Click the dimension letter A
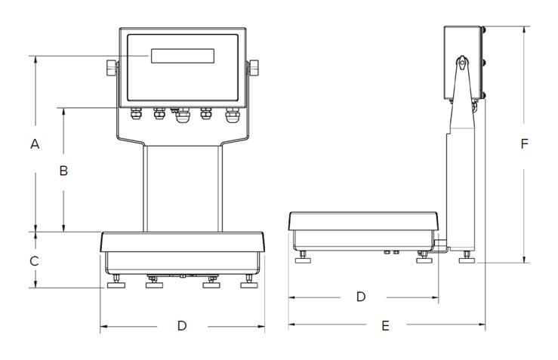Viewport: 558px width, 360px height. [x=34, y=144]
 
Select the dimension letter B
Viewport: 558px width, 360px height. [x=64, y=171]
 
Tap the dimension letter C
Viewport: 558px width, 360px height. [x=34, y=261]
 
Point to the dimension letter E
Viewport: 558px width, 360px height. [x=385, y=326]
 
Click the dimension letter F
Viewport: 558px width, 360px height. [x=525, y=144]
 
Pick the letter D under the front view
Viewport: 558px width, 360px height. [x=181, y=326]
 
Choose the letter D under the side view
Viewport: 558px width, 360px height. [x=361, y=297]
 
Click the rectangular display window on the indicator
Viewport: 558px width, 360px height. [x=181, y=57]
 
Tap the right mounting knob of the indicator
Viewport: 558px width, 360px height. [x=253, y=68]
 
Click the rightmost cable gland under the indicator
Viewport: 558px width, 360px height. [x=230, y=115]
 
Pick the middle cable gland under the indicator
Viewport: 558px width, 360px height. [x=182, y=116]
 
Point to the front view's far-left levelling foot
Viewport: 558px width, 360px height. [x=117, y=284]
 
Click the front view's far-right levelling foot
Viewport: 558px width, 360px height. [x=247, y=284]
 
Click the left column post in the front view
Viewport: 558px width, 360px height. [x=144, y=189]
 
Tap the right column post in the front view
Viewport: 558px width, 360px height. [x=219, y=189]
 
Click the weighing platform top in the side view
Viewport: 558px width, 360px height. [x=362, y=217]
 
